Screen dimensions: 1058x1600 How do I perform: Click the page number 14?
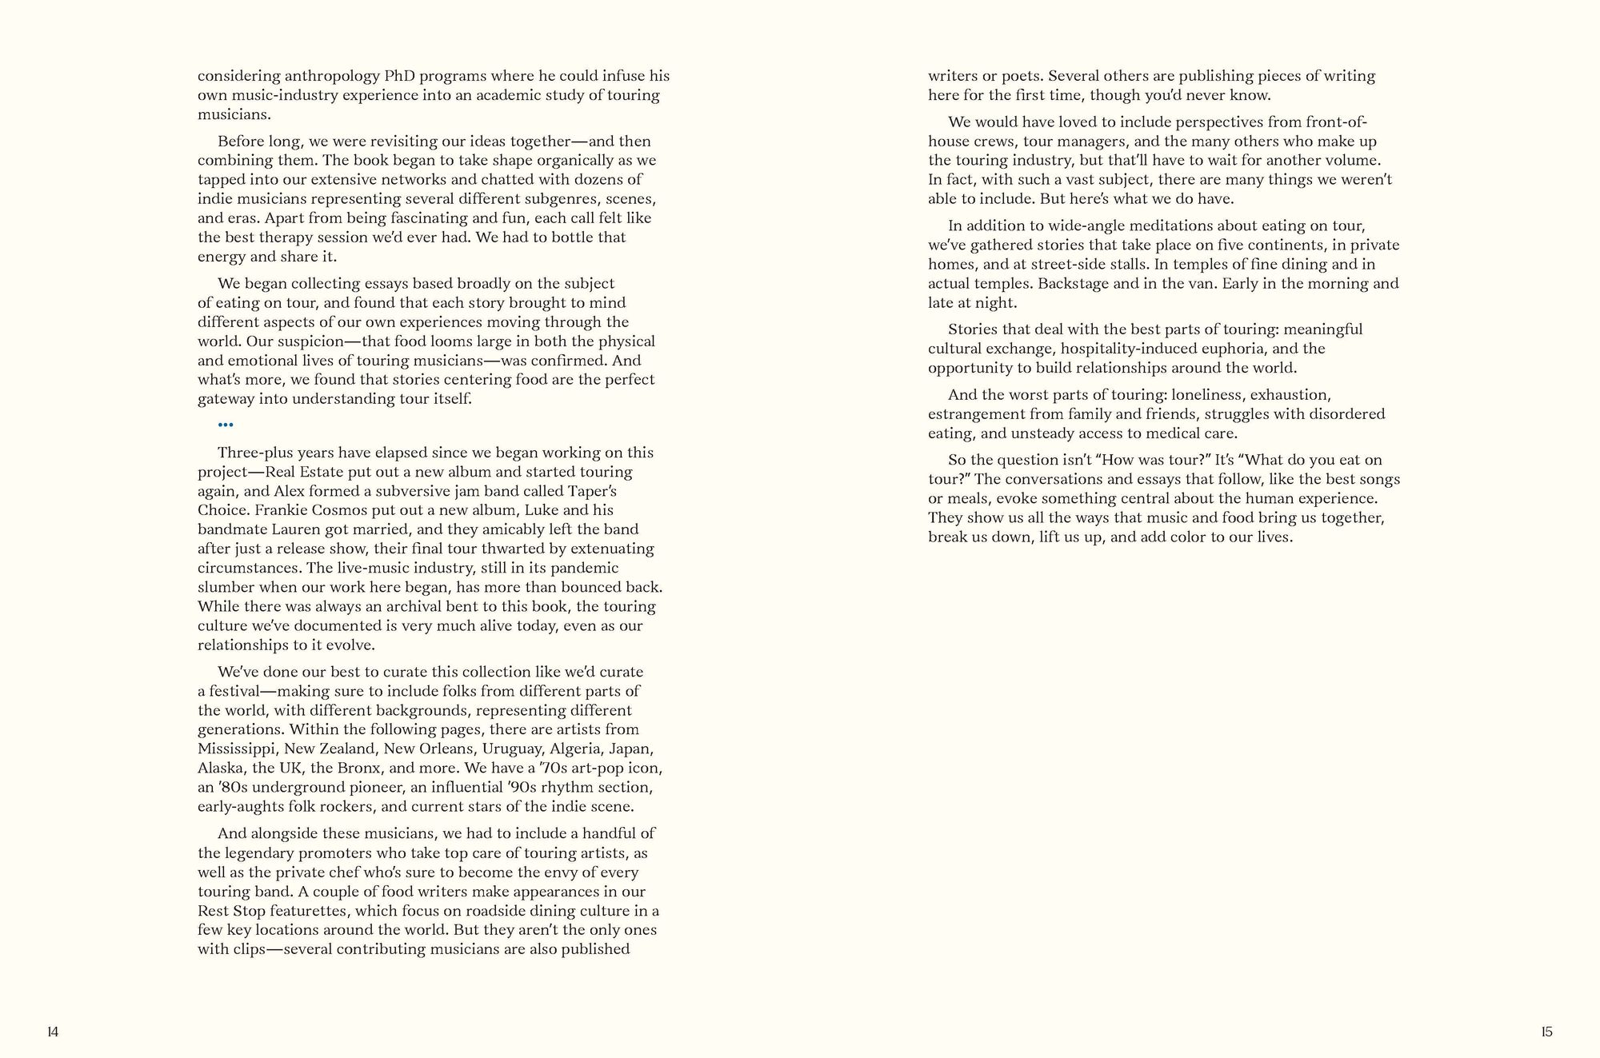coord(53,1032)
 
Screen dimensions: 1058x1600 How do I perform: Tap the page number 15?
coord(1546,1032)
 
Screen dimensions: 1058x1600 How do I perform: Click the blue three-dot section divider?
coord(226,425)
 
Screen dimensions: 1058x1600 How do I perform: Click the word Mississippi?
coord(237,749)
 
